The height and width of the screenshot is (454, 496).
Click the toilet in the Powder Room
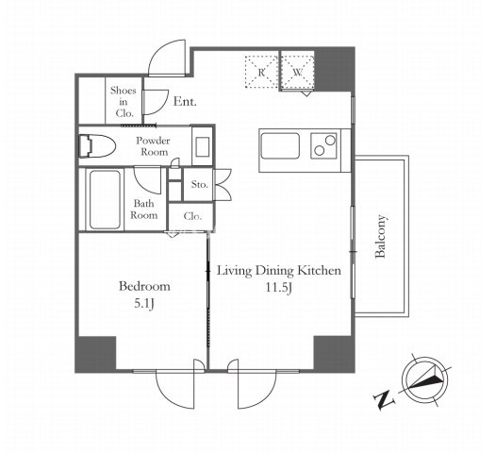click(96, 146)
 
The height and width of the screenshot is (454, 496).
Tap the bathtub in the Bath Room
click(105, 199)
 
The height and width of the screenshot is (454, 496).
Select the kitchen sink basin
click(280, 146)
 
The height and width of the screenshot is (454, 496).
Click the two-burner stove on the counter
click(324, 145)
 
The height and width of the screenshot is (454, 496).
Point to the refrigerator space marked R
click(261, 72)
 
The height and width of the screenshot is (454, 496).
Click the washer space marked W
click(298, 72)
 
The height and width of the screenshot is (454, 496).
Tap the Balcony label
click(380, 236)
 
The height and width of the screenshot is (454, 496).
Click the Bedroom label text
click(144, 286)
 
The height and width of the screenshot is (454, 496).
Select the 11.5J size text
click(278, 288)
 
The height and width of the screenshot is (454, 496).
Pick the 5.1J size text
click(144, 304)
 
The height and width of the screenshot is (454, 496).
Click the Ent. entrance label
click(185, 102)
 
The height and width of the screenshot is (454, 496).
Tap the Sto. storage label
click(200, 184)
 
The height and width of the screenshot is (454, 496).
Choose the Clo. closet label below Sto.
click(192, 216)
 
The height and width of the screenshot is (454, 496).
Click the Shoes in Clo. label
click(124, 102)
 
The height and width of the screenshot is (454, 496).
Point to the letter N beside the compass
click(384, 400)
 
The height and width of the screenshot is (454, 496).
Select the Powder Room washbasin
click(202, 146)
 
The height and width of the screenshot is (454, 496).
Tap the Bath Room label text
click(144, 210)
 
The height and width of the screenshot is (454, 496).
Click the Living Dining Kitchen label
click(279, 271)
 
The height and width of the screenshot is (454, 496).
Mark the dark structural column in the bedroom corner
click(96, 354)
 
